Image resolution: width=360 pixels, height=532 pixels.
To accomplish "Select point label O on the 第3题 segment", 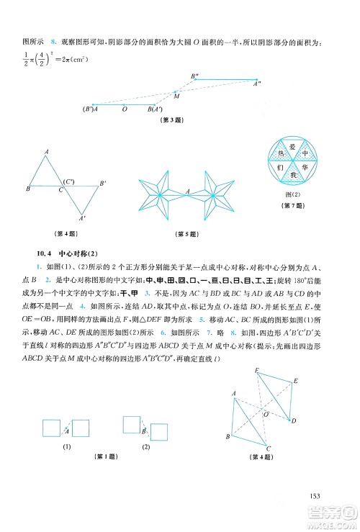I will pyautogui.click(x=125, y=109).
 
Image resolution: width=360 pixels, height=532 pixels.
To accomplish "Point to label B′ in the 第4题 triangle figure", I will pyautogui.click(x=103, y=183).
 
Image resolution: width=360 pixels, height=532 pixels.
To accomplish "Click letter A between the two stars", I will pyautogui.click(x=188, y=191).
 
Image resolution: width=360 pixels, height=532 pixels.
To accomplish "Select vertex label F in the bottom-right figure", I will pyautogui.click(x=256, y=371).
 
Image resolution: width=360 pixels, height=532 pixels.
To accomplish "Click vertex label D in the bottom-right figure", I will pyautogui.click(x=292, y=420).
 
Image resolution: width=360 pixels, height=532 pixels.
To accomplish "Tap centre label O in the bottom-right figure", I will pyautogui.click(x=264, y=415).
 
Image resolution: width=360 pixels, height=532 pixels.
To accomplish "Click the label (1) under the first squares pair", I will pyautogui.click(x=66, y=446).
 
